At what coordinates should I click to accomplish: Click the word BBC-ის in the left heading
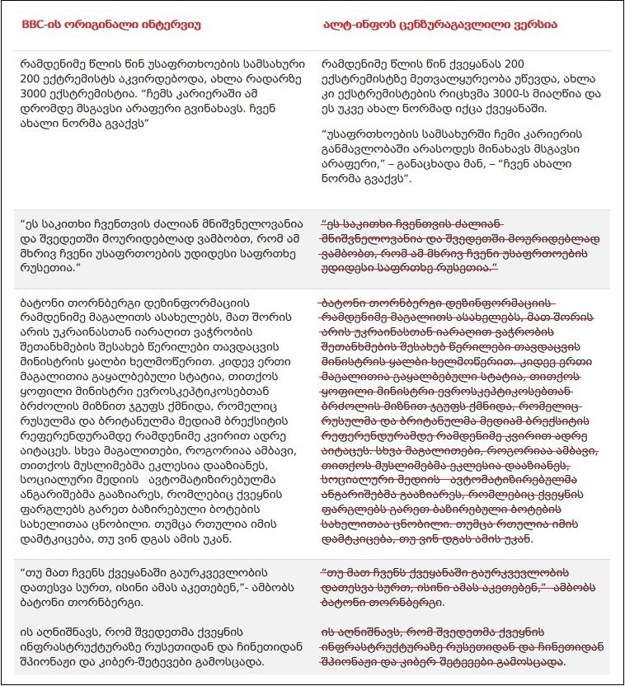(x=39, y=25)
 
